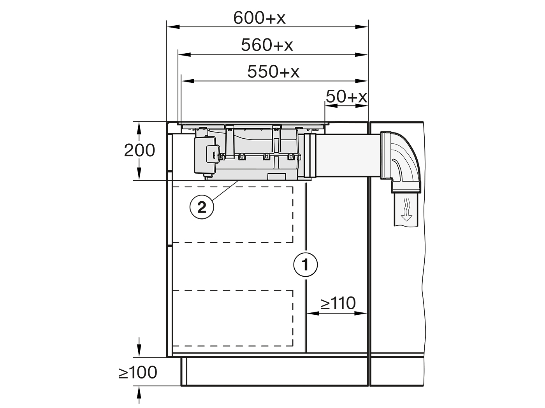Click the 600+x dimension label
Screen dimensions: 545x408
click(x=259, y=18)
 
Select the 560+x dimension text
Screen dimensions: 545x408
click(x=267, y=45)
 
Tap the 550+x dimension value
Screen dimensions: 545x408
click(x=273, y=71)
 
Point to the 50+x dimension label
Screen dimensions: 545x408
click(x=346, y=96)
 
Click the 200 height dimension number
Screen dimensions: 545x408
click(x=139, y=150)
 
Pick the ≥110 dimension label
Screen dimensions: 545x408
click(x=338, y=303)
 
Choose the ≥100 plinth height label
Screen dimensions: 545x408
click(x=138, y=372)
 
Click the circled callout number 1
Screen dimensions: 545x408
click(x=306, y=265)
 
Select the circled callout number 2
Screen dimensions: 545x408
click(x=202, y=207)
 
